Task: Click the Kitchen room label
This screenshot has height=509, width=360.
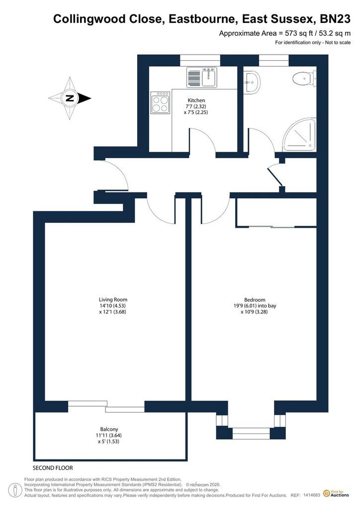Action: point(196,100)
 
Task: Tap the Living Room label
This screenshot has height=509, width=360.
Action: point(113,300)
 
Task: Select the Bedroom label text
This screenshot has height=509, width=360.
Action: point(255,300)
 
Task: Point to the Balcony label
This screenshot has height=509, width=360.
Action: point(109,429)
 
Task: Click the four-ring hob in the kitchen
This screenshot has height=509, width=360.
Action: point(160,102)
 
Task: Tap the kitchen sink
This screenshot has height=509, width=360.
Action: point(201,77)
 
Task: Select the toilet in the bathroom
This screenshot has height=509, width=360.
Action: point(304,79)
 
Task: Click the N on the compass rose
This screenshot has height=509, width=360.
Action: point(69,98)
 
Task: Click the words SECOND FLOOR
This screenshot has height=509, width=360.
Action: point(53,468)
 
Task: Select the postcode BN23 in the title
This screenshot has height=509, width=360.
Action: point(335,19)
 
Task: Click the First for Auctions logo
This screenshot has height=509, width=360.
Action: point(336,494)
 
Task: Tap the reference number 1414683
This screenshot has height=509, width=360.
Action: point(312,496)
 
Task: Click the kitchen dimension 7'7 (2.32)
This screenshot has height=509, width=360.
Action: point(195,106)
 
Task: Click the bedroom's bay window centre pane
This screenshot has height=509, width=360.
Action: point(251,433)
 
